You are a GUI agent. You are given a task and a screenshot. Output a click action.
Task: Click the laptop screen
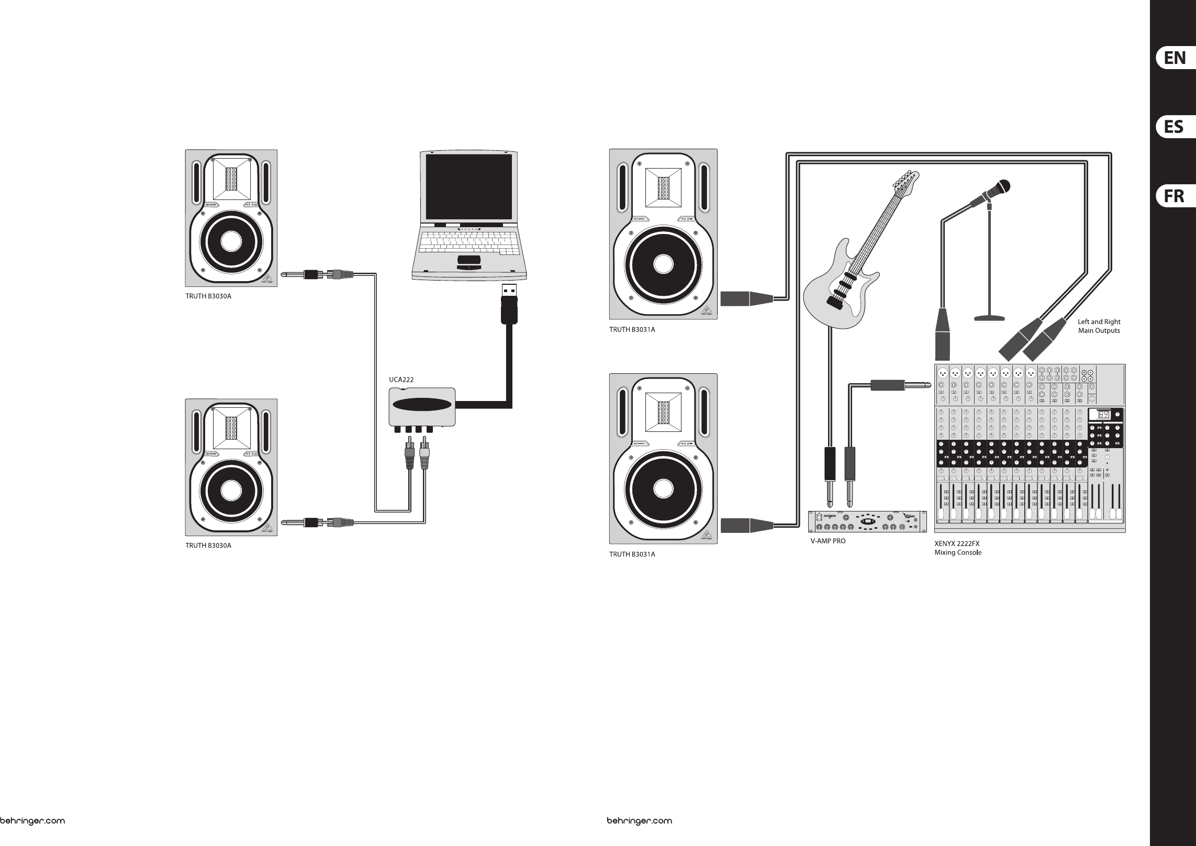click(468, 187)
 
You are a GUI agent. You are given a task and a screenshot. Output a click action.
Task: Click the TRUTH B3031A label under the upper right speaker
click(632, 330)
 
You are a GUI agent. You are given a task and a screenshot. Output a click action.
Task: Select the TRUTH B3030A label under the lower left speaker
click(208, 546)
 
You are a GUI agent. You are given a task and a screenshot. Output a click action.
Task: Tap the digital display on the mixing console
click(1101, 415)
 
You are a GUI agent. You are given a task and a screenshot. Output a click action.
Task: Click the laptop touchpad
click(468, 260)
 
